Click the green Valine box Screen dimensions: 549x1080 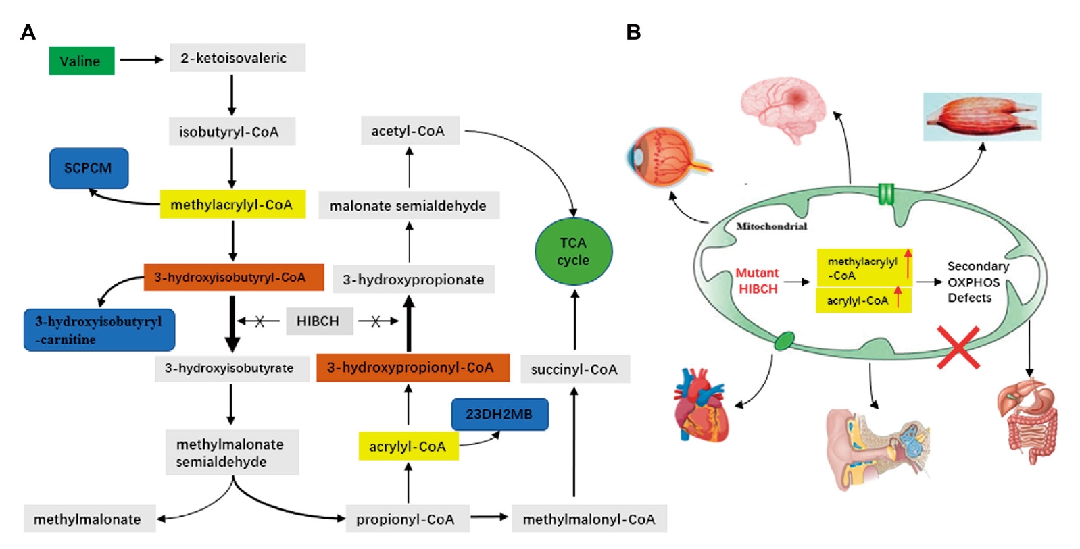(82, 61)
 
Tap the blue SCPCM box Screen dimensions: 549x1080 (89, 168)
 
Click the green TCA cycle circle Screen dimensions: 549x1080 (573, 251)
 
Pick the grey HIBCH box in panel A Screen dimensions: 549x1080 (318, 321)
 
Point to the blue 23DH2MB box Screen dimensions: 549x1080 (499, 414)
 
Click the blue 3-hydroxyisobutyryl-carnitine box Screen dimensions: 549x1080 (99, 330)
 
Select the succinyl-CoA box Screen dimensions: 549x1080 (574, 369)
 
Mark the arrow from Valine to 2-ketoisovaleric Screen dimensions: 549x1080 (141, 59)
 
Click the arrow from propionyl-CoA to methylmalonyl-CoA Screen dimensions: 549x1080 (489, 517)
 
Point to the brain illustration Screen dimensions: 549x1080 (783, 108)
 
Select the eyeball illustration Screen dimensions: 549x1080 (665, 157)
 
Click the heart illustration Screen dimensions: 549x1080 (701, 405)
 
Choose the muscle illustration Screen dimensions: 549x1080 (981, 117)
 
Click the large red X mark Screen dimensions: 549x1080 (958, 347)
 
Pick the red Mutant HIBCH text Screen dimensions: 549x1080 (757, 281)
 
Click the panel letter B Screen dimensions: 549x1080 (633, 32)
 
